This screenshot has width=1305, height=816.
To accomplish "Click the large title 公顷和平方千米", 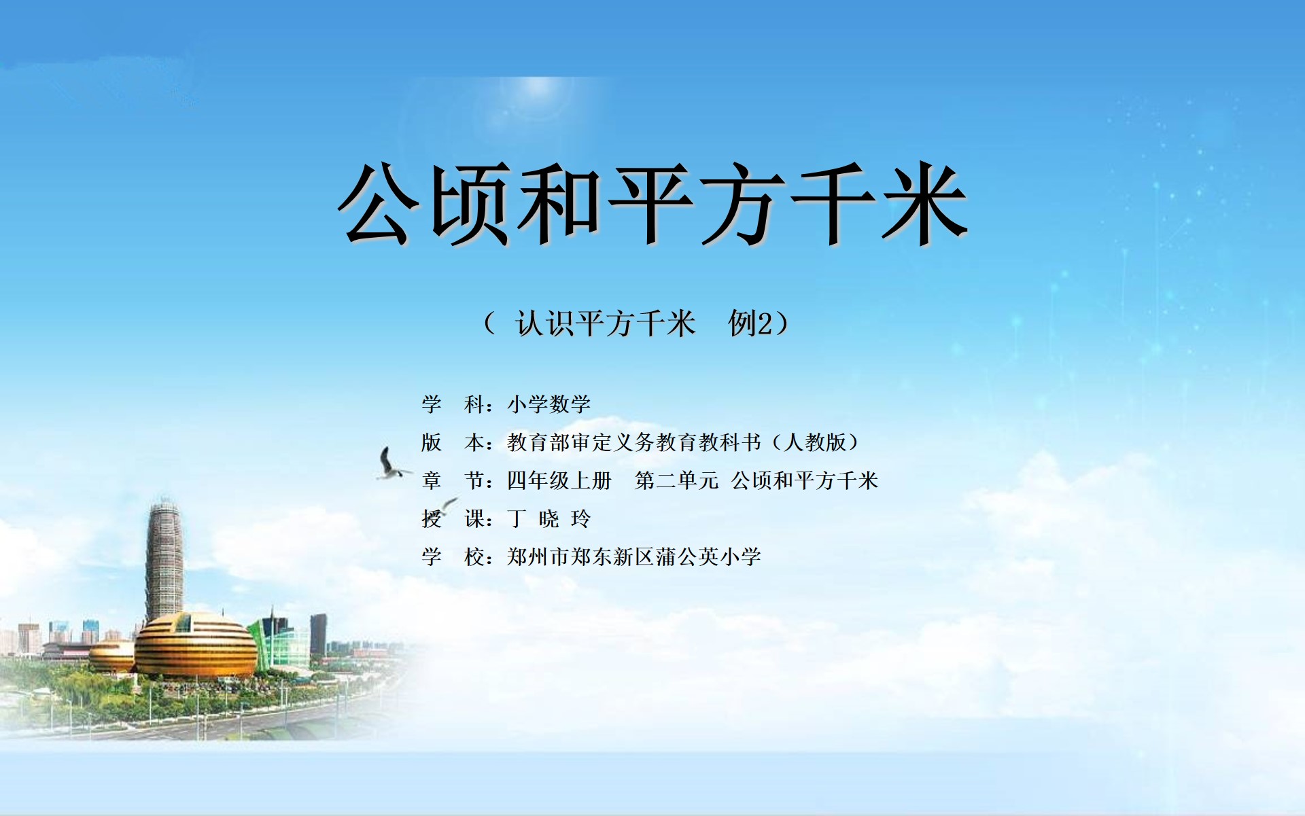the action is (x=652, y=203).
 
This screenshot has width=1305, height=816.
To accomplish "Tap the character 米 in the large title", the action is (x=924, y=203).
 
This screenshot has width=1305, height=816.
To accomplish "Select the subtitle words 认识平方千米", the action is (x=605, y=323).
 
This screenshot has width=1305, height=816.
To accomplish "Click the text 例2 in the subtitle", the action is (x=750, y=323).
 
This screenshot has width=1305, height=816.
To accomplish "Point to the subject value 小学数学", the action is (x=549, y=404).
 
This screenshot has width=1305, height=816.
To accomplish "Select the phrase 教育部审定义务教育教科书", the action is (x=633, y=442).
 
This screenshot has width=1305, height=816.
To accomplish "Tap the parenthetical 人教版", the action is (x=815, y=442).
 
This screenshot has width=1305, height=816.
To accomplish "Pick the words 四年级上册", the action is (x=559, y=480).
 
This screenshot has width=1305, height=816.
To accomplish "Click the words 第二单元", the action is (x=676, y=480).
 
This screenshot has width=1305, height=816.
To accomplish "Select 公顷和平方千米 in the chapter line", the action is (x=805, y=480).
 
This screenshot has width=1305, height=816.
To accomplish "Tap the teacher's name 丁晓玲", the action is (x=549, y=519).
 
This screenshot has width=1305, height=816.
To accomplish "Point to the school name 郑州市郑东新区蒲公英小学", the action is (x=633, y=557).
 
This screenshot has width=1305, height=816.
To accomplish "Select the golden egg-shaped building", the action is (x=195, y=645).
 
